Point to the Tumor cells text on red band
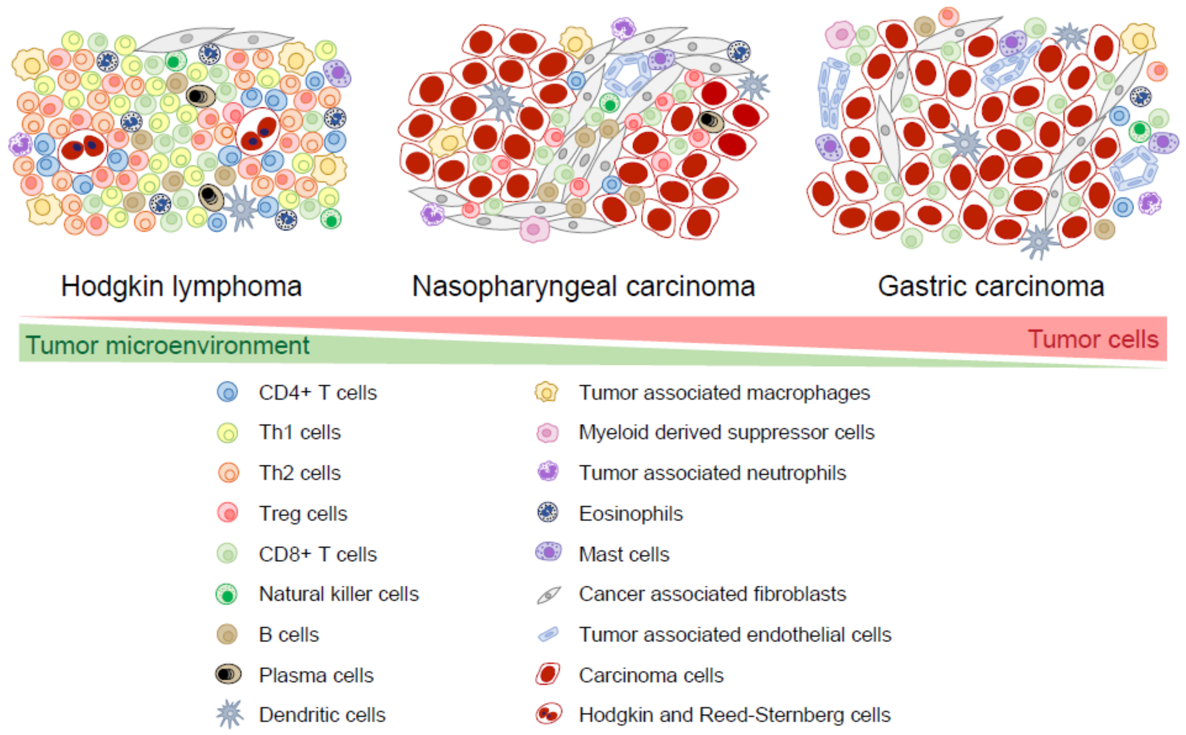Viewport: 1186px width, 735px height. [1093, 339]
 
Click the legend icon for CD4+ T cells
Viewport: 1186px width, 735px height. [227, 392]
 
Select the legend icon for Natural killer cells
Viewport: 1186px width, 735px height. [227, 594]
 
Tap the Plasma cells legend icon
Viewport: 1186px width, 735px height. [228, 674]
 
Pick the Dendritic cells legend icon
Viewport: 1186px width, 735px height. [229, 714]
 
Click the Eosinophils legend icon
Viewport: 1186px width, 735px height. [548, 512]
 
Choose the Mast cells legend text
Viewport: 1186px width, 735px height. [624, 554]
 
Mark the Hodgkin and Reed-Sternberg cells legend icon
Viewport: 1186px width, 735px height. [548, 714]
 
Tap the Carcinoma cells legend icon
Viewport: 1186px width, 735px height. [548, 674]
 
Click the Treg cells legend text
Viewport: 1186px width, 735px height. [303, 513]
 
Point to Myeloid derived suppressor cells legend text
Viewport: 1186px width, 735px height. [727, 432]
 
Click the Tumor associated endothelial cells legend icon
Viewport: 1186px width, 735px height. [548, 634]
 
